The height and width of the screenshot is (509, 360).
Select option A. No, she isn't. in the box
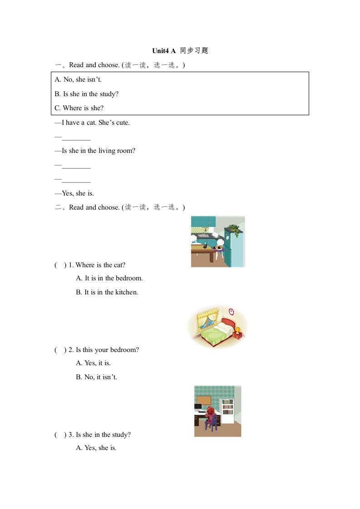78,79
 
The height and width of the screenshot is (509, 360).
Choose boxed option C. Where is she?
79,108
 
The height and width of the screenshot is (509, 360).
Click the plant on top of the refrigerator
234,228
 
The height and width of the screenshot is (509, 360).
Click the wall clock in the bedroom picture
231,311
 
